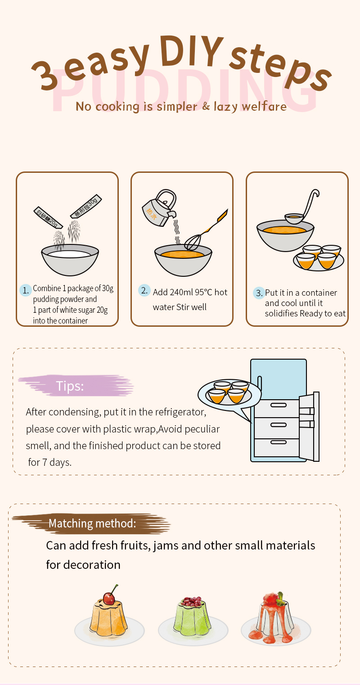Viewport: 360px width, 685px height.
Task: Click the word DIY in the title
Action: tap(191, 51)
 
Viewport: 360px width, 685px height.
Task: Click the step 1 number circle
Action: tap(25, 290)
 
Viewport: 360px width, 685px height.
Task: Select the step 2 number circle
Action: tap(144, 290)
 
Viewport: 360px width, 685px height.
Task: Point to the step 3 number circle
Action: tap(259, 293)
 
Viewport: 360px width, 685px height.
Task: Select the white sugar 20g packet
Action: tap(48, 217)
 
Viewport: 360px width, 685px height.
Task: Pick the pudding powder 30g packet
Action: tap(86, 206)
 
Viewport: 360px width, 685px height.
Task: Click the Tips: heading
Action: tap(70, 386)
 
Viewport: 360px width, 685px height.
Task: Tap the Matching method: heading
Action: tap(92, 523)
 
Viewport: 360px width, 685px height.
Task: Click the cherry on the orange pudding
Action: tap(109, 599)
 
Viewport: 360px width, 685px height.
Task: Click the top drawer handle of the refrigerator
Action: tap(279, 405)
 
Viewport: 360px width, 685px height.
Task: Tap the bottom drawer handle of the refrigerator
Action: tap(279, 442)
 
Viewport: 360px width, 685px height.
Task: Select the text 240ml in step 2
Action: tap(181, 293)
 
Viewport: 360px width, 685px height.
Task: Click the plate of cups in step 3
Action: tap(319, 258)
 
